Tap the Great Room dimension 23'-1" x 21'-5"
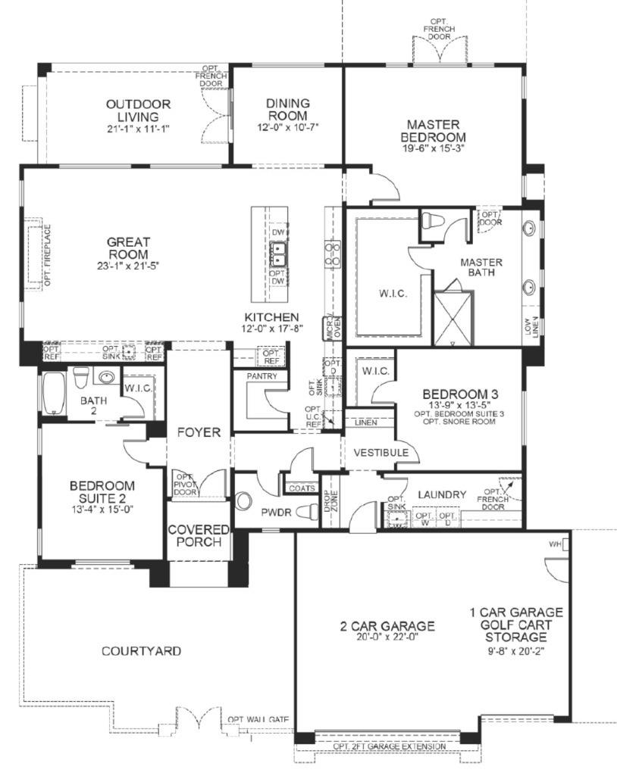point(127,265)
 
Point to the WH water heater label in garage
point(556,545)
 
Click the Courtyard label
point(141,650)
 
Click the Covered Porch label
point(194,535)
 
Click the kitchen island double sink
point(278,251)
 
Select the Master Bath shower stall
point(453,317)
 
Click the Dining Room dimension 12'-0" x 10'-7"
point(287,126)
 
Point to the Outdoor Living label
point(138,111)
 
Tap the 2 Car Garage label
point(387,626)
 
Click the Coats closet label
point(302,488)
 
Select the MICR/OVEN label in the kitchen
point(332,327)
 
